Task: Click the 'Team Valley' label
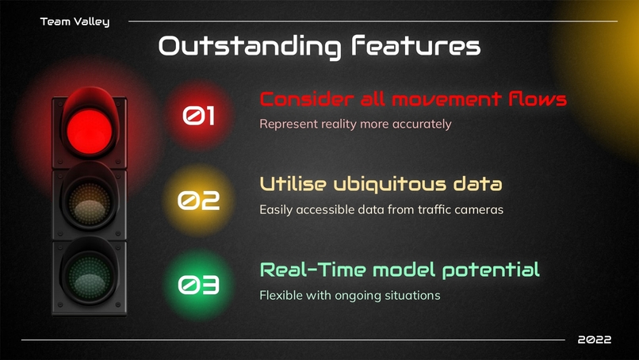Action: coord(75,21)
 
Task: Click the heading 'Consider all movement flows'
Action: coord(413,99)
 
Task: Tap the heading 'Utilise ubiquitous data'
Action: coord(381,185)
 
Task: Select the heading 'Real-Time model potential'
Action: coord(400,269)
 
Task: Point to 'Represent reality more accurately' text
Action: coord(355,124)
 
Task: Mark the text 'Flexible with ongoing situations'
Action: coord(350,295)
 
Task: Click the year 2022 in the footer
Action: coord(594,339)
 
